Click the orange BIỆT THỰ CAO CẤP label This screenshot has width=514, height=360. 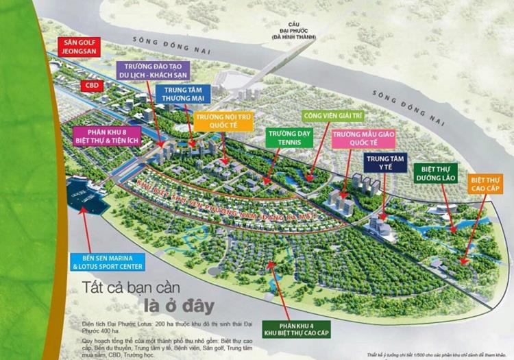pyautogui.click(x=486, y=183)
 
